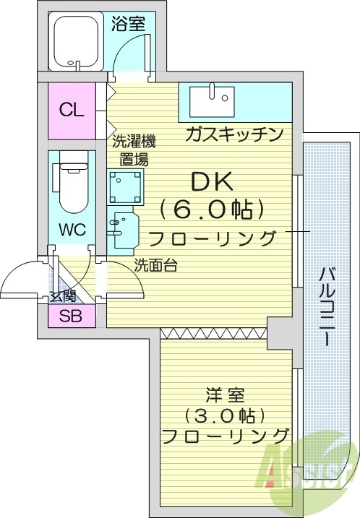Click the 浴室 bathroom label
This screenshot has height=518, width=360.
pyautogui.click(x=128, y=23)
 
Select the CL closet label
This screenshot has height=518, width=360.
pyautogui.click(x=72, y=111)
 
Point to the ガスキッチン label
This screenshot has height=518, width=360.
pyautogui.click(x=233, y=134)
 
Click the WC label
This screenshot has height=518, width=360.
pyautogui.click(x=72, y=230)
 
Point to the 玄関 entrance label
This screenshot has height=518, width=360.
pyautogui.click(x=62, y=295)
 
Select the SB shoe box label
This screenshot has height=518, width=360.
pyautogui.click(x=70, y=316)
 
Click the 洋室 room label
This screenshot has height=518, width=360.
pyautogui.click(x=226, y=395)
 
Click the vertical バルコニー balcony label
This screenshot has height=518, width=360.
pyautogui.click(x=326, y=307)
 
